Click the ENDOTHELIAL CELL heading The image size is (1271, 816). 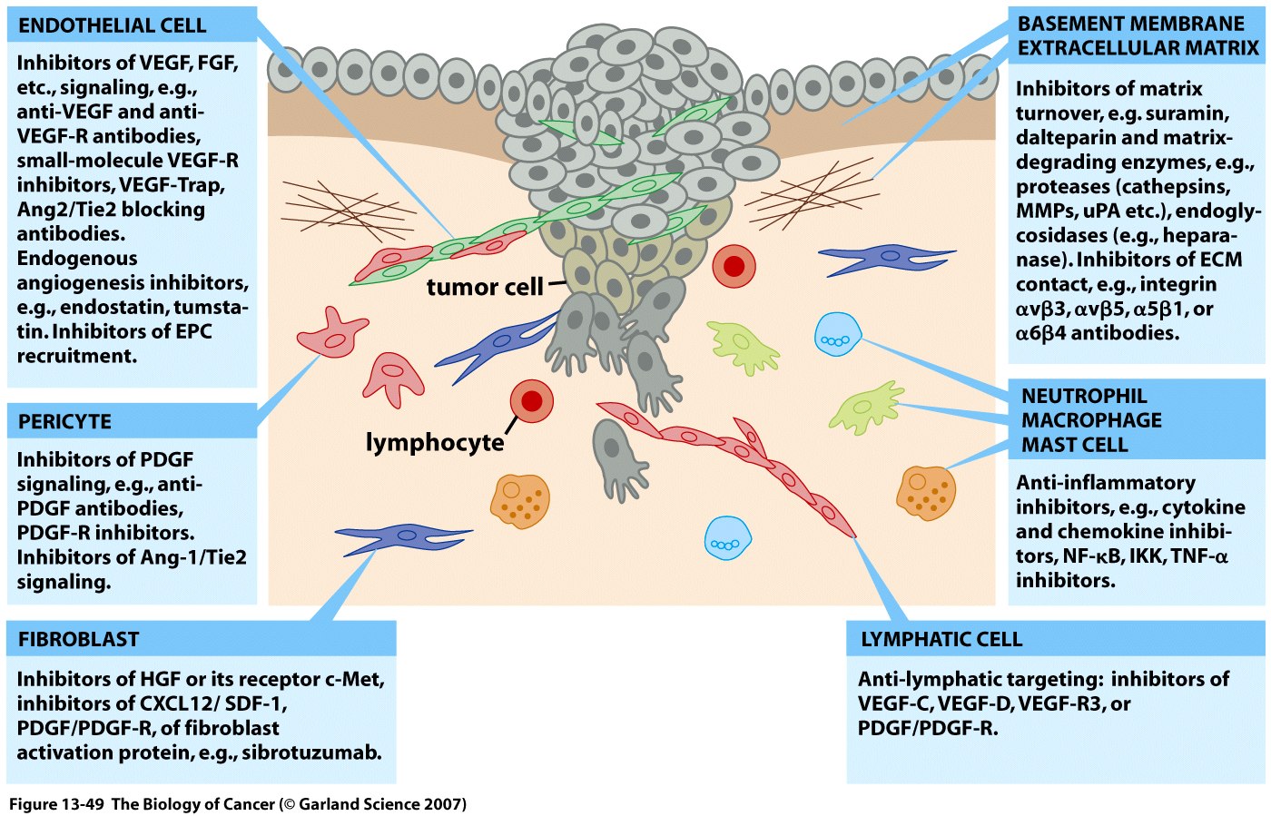coord(112,25)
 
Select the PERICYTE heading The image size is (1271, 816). coord(64,422)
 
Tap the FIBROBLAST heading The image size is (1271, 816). coord(78,640)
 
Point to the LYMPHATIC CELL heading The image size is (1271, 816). coord(941,640)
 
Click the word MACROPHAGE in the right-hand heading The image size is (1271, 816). coord(1091,420)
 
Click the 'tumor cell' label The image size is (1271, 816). coord(485,288)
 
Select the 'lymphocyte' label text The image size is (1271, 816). coord(435,443)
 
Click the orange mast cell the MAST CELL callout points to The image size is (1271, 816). coord(926,493)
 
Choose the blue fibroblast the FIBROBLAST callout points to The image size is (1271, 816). coord(403,536)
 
